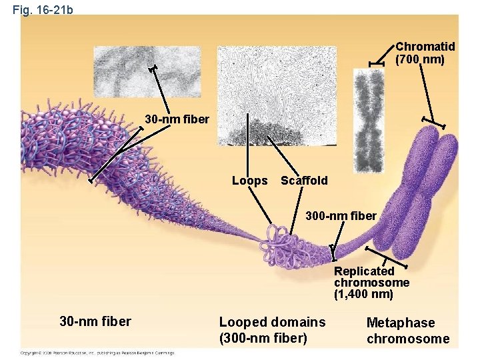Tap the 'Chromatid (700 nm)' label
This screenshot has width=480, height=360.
pos(425,53)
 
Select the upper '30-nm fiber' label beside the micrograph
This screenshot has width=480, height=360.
pos(177,120)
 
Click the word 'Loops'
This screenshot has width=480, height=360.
pos(249,181)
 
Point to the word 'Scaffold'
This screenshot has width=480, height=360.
pos(304,181)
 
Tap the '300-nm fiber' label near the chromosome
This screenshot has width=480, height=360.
pos(341,216)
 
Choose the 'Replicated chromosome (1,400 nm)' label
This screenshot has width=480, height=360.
pos(371,282)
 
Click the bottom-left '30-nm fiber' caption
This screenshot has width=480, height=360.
pos(95,322)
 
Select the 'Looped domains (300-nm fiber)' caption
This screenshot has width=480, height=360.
pos(272,330)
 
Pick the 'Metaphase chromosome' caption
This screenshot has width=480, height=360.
pos(408,331)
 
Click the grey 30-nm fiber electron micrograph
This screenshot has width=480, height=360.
pos(147,71)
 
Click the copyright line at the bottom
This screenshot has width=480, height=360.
pos(97,353)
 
